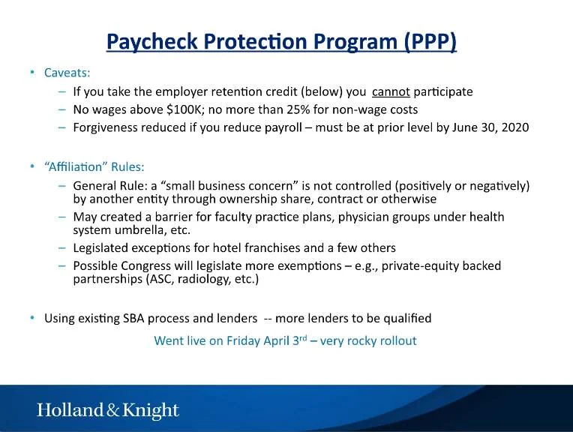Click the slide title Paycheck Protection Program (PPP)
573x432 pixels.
[281, 40]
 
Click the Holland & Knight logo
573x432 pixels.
[108, 410]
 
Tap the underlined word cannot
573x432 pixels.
[391, 92]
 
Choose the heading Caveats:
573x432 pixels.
[67, 73]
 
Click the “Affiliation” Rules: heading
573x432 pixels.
[94, 166]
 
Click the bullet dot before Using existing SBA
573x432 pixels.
[32, 318]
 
